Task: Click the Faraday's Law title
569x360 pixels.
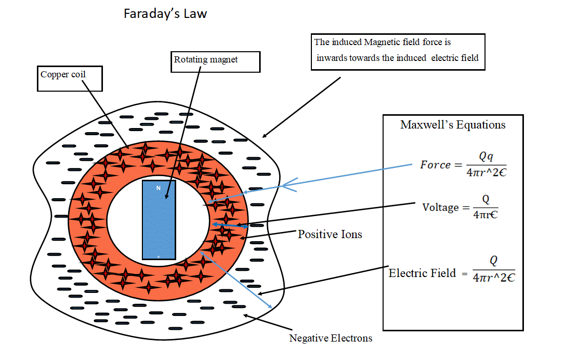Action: click(165, 14)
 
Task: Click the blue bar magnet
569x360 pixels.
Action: click(159, 220)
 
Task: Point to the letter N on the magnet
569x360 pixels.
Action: click(159, 188)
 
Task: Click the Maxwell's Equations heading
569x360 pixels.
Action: click(453, 125)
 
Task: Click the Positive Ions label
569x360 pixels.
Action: click(330, 235)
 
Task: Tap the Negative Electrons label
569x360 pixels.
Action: click(330, 338)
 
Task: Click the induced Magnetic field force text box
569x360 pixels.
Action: click(398, 51)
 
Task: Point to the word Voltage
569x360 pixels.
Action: click(440, 207)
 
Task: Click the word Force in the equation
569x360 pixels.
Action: click(435, 165)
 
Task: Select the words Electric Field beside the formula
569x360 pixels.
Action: click(422, 273)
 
